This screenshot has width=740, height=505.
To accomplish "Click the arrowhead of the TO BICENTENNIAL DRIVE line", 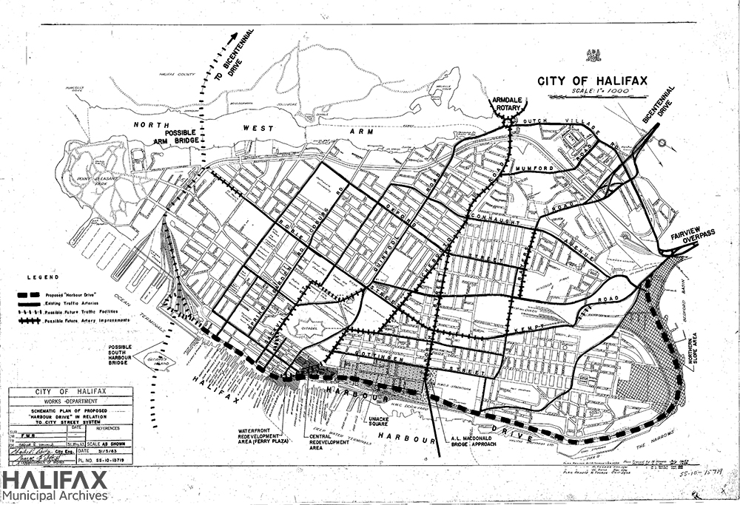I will coord(237,35).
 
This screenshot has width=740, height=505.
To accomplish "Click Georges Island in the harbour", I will coord(159,359).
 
